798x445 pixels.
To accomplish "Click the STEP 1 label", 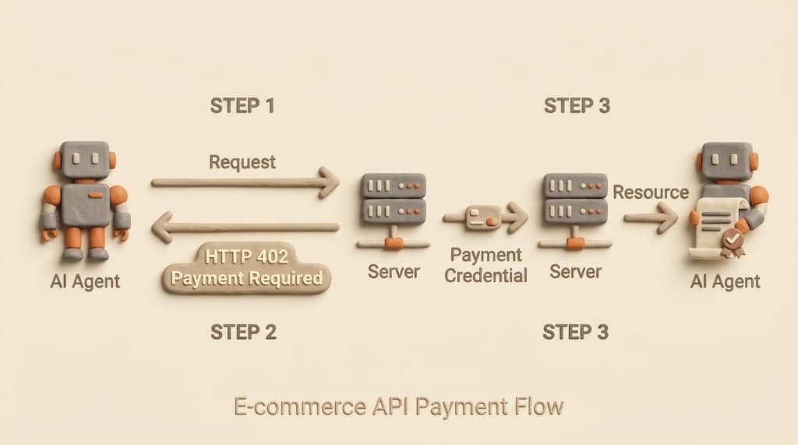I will pos(242,106).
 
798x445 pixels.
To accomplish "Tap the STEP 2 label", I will pos(243,332).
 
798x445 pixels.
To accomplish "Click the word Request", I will pos(242,162).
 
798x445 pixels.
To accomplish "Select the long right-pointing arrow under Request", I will pos(245,183).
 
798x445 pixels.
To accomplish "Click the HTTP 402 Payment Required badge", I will pos(246,267).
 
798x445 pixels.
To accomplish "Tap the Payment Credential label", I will pos(486,265).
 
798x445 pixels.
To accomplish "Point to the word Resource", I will pos(651,192).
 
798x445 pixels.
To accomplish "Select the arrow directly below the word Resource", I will pos(651,218).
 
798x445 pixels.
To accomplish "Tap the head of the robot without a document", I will pos(84,161).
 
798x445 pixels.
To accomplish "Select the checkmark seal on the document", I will pos(731,242).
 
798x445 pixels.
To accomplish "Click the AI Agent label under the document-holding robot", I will pos(725,281).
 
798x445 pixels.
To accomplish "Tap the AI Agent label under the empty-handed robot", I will pos(85,281).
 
